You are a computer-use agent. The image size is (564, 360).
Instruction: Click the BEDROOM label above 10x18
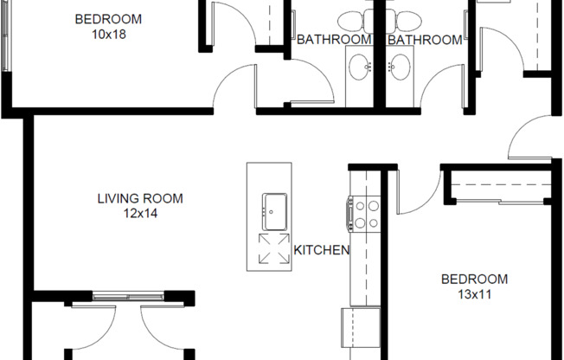[x=108, y=19]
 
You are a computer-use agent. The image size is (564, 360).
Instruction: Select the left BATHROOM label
[x=334, y=40]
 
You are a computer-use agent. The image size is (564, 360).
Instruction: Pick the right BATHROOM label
[x=425, y=40]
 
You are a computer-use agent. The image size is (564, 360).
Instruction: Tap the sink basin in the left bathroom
[x=359, y=65]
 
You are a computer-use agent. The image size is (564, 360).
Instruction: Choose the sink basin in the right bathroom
[x=400, y=65]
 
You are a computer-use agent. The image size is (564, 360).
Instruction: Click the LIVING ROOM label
[x=139, y=198]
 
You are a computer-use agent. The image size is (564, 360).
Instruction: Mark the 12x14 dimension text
[x=139, y=212]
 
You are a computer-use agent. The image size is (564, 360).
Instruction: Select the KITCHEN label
[x=321, y=251]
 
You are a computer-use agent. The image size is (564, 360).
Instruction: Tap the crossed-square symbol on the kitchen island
[x=276, y=249]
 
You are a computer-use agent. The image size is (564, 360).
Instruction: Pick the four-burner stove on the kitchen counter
[x=363, y=215]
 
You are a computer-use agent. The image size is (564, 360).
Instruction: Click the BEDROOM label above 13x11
[x=474, y=279]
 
